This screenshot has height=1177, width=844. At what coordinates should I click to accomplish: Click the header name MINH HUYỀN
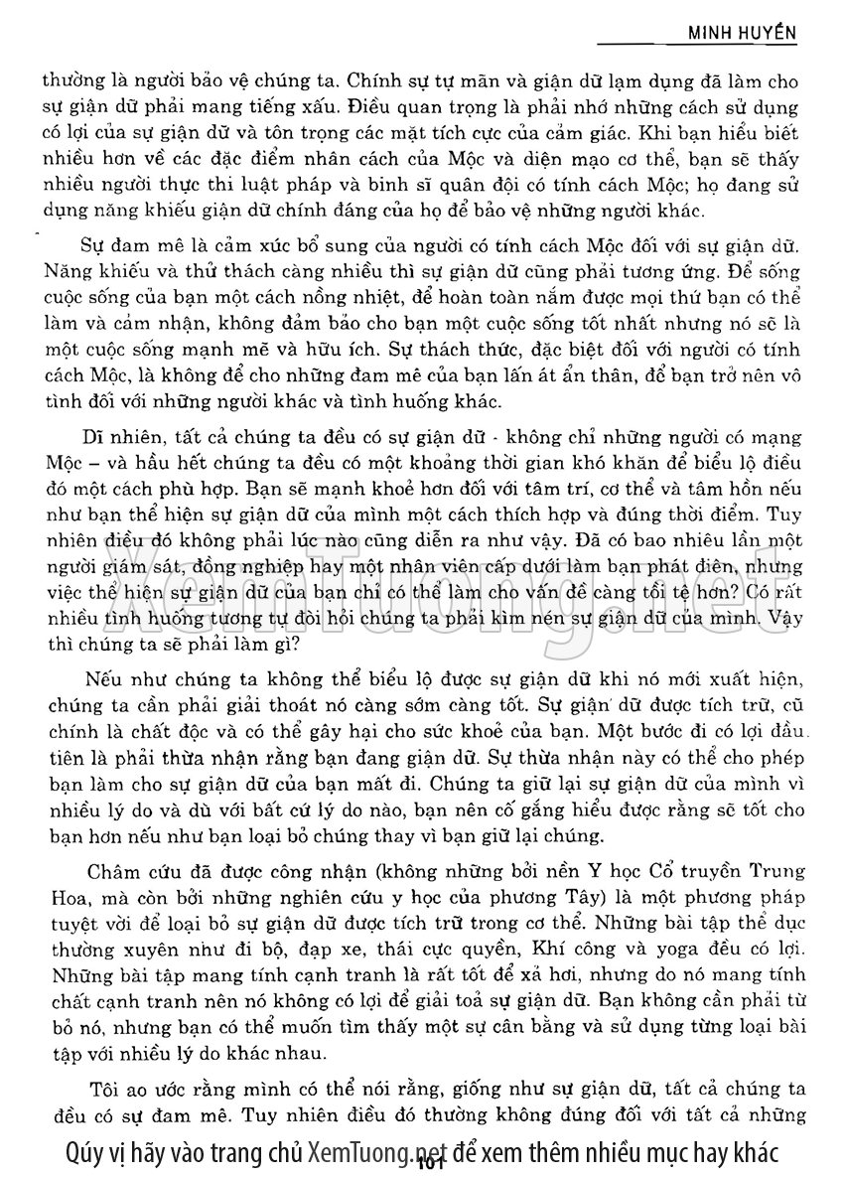coord(744,32)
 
